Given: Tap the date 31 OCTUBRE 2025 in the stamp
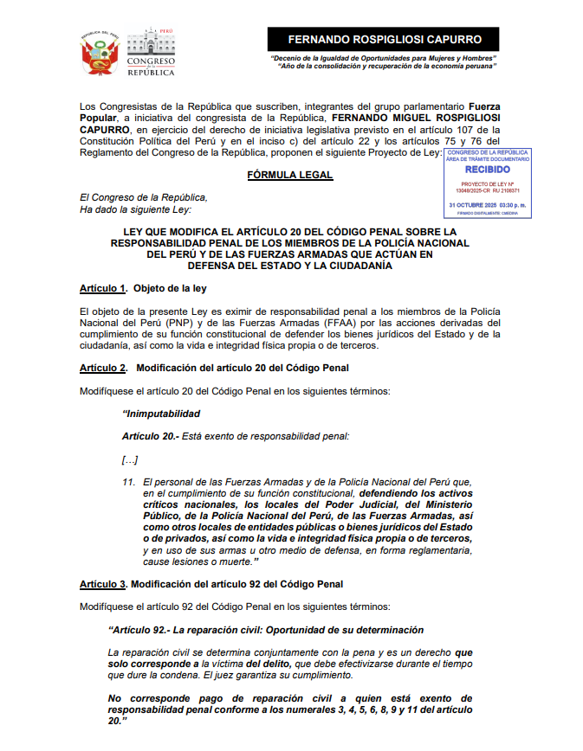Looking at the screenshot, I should [472, 204].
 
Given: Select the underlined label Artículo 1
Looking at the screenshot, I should [103, 287].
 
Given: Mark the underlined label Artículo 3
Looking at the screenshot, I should [103, 584].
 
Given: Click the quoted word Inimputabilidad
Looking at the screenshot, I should [162, 414].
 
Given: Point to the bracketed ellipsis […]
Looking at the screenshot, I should [130, 459].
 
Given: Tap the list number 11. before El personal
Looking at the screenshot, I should [128, 482].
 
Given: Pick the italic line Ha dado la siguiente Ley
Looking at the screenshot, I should [135, 209].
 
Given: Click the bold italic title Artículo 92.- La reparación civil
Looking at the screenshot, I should [266, 630].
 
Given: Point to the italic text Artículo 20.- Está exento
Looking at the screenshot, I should [236, 436].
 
